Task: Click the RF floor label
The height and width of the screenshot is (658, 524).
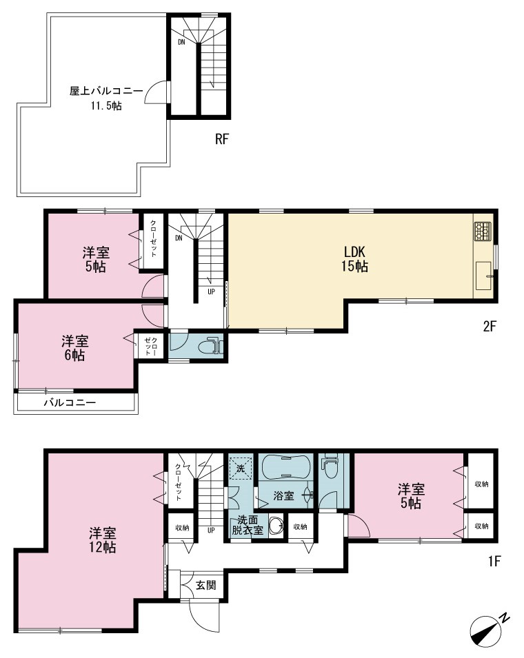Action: pyautogui.click(x=222, y=139)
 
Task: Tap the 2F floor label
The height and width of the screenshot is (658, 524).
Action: pyautogui.click(x=490, y=326)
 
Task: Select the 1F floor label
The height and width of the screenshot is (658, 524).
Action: pyautogui.click(x=494, y=561)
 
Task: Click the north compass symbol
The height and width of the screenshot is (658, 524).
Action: pyautogui.click(x=488, y=633)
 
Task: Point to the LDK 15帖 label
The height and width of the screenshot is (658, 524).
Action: pyautogui.click(x=355, y=259)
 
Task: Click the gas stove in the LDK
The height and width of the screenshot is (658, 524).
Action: pyautogui.click(x=483, y=232)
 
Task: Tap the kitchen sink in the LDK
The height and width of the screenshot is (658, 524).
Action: pyautogui.click(x=484, y=276)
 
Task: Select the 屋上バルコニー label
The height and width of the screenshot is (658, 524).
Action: pyautogui.click(x=106, y=91)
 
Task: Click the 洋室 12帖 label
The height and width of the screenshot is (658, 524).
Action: pyautogui.click(x=103, y=540)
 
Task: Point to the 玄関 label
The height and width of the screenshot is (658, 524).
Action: pyautogui.click(x=206, y=584)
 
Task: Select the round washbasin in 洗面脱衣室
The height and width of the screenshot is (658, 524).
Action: pyautogui.click(x=276, y=526)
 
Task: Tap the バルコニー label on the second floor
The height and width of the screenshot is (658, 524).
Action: pyautogui.click(x=70, y=403)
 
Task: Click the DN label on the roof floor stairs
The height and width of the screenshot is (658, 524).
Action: pyautogui.click(x=181, y=42)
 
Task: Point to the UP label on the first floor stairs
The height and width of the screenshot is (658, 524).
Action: pyautogui.click(x=211, y=530)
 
